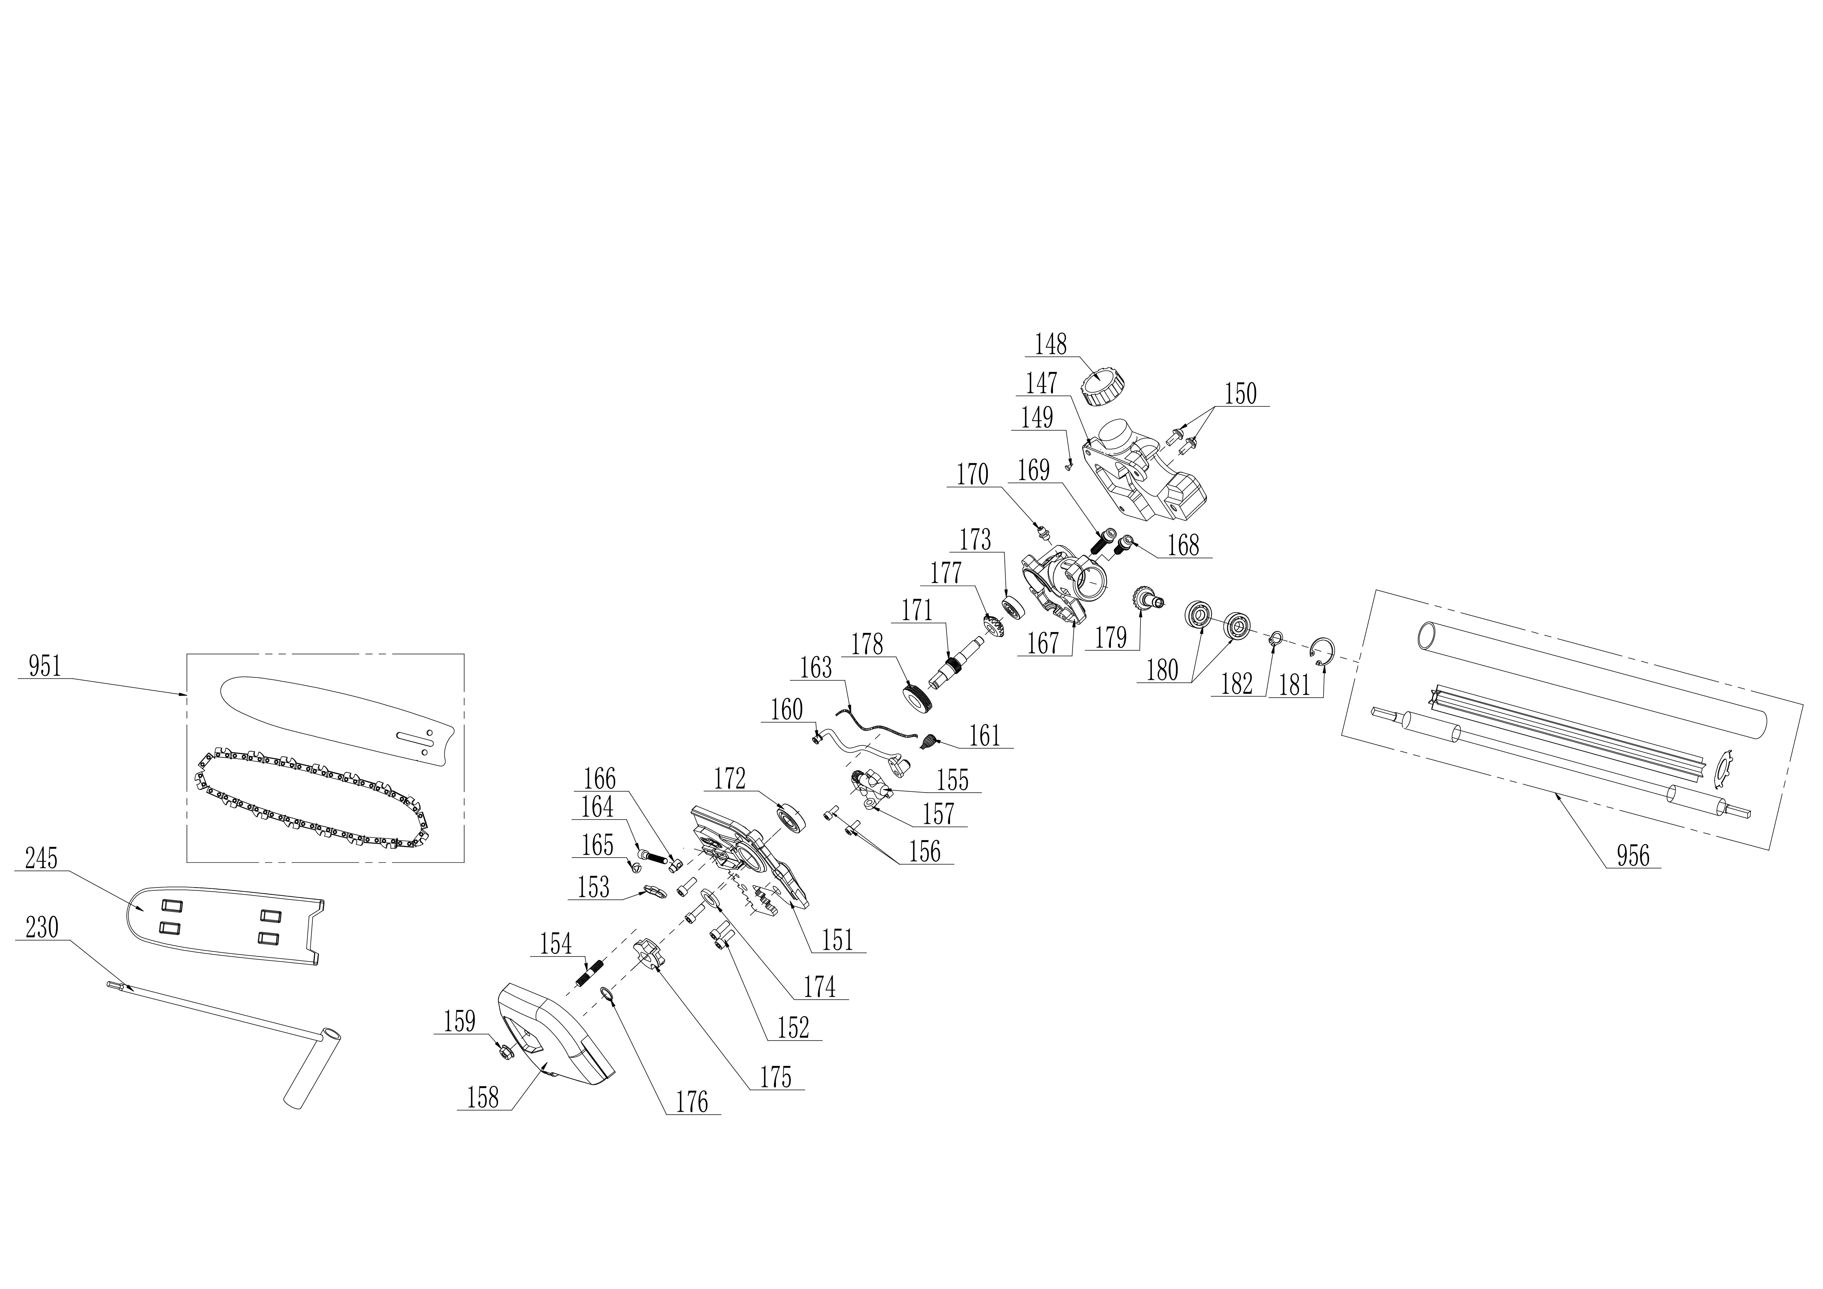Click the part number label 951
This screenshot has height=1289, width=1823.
coord(44,667)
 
